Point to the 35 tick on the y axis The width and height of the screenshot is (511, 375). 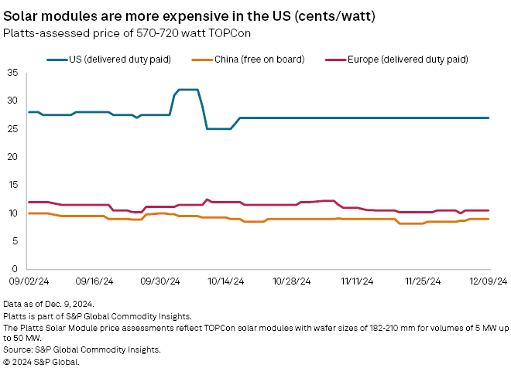point(12,73)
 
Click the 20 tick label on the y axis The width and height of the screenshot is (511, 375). point(12,157)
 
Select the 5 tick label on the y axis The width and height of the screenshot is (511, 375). point(15,241)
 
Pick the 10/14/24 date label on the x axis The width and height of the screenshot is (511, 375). point(226,282)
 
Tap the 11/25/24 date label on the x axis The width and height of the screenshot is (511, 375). point(424,282)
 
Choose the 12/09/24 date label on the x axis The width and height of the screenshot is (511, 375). point(489,282)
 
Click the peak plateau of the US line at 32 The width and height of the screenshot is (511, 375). point(188,90)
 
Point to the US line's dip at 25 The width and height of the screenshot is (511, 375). point(218,128)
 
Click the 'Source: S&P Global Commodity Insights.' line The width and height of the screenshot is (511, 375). point(81,349)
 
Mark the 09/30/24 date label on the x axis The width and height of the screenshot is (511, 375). point(160,282)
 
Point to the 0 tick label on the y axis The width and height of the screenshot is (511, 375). point(15,269)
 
